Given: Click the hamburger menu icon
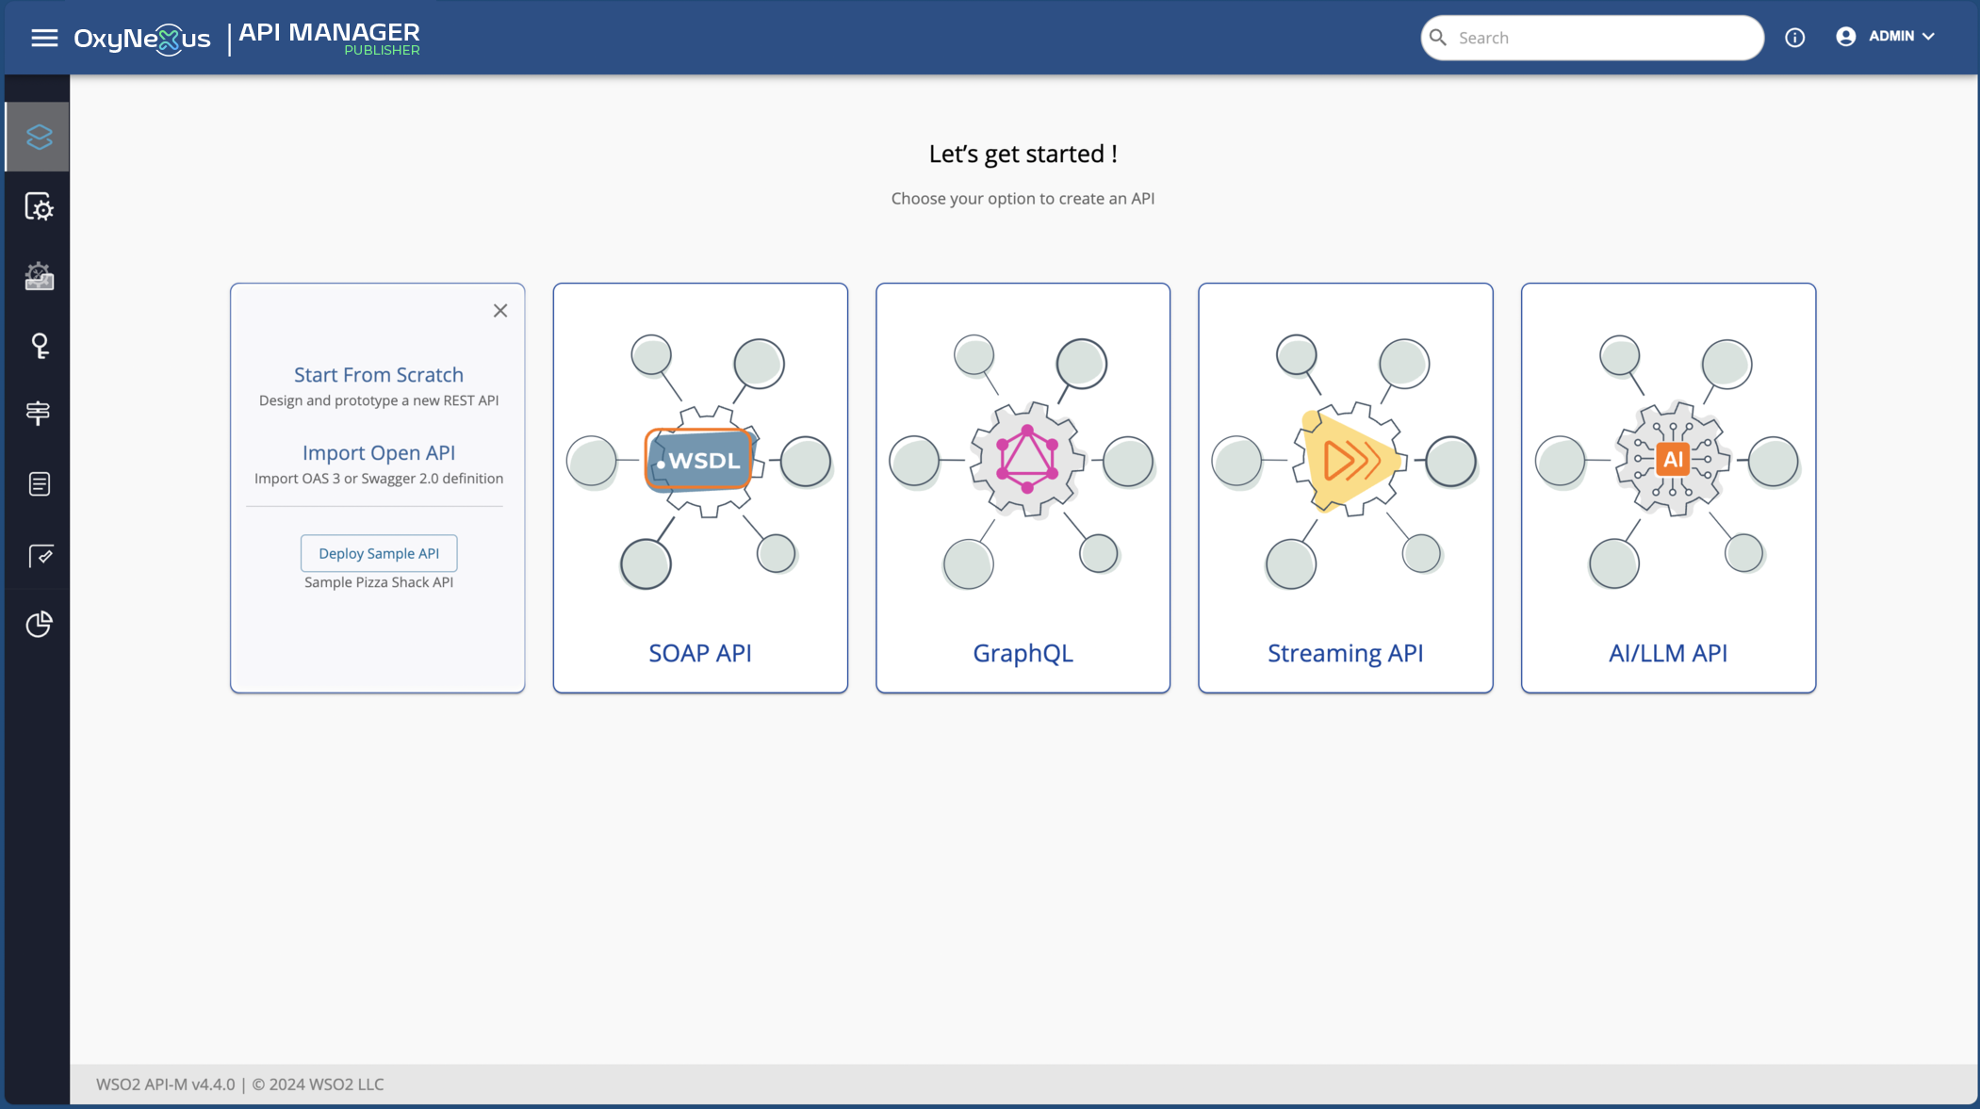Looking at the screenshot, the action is [x=44, y=38].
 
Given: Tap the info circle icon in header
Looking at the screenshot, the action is [x=1794, y=38].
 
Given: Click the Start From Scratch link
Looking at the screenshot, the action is [x=379, y=375].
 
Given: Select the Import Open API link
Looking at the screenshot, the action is [x=379, y=453].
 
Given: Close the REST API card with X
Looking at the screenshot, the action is [x=500, y=311].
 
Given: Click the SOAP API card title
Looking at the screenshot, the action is [x=700, y=653].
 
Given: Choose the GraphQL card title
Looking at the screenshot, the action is [x=1023, y=653].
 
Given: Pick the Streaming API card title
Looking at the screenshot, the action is [x=1345, y=653].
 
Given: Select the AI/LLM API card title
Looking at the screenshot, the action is [x=1668, y=653].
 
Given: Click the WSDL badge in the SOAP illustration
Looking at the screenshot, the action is [x=699, y=461].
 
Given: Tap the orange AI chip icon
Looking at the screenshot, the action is [x=1673, y=460].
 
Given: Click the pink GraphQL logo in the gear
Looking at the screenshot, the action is [x=1027, y=459].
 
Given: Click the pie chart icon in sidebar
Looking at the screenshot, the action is [x=39, y=624].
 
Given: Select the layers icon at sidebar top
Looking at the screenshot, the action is [x=39, y=138].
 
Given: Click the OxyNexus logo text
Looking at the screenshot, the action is [x=142, y=39].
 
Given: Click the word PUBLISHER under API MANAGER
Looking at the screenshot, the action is [x=382, y=51].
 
